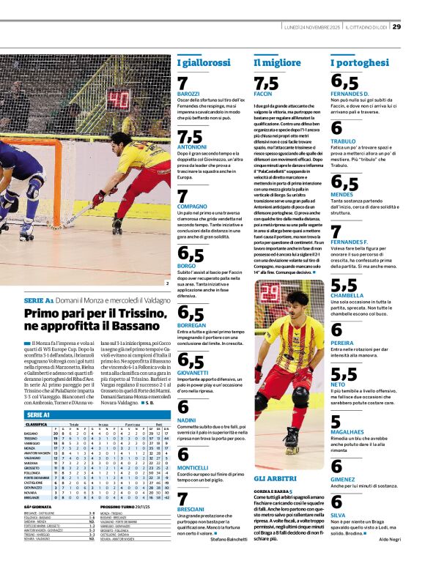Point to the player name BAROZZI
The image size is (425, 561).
click(188, 94)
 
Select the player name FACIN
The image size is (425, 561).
click(262, 94)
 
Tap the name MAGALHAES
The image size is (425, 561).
click(350, 430)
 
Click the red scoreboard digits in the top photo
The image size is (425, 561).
click(119, 97)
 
